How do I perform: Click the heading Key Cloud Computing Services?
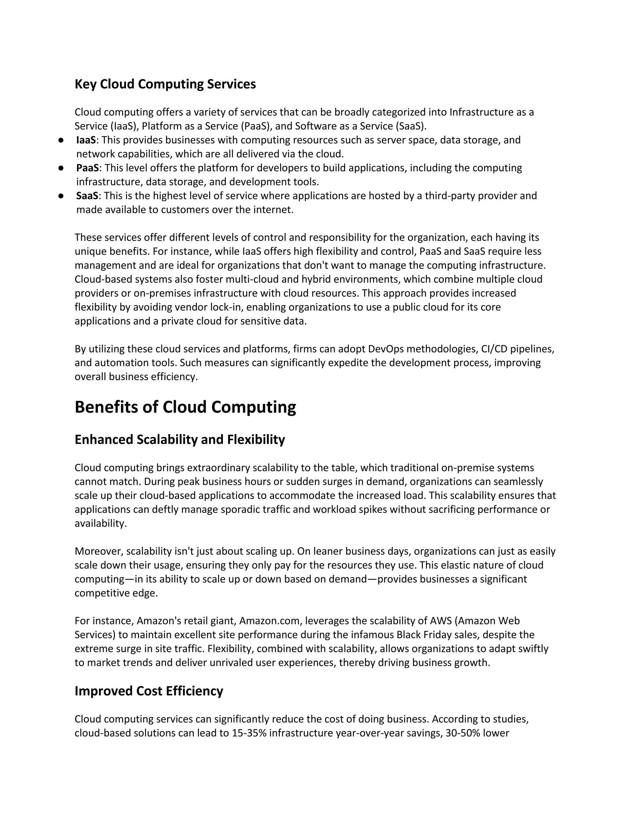(x=165, y=84)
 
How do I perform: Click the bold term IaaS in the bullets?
(x=86, y=140)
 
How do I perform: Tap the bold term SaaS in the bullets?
(x=87, y=196)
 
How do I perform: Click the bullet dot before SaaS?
(x=60, y=196)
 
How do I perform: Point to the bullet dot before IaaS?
(x=60, y=140)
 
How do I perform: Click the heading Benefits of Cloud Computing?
(x=185, y=407)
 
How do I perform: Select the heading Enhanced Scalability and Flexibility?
(x=180, y=439)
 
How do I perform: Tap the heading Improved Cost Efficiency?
(x=149, y=691)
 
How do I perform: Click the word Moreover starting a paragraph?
(x=99, y=551)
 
